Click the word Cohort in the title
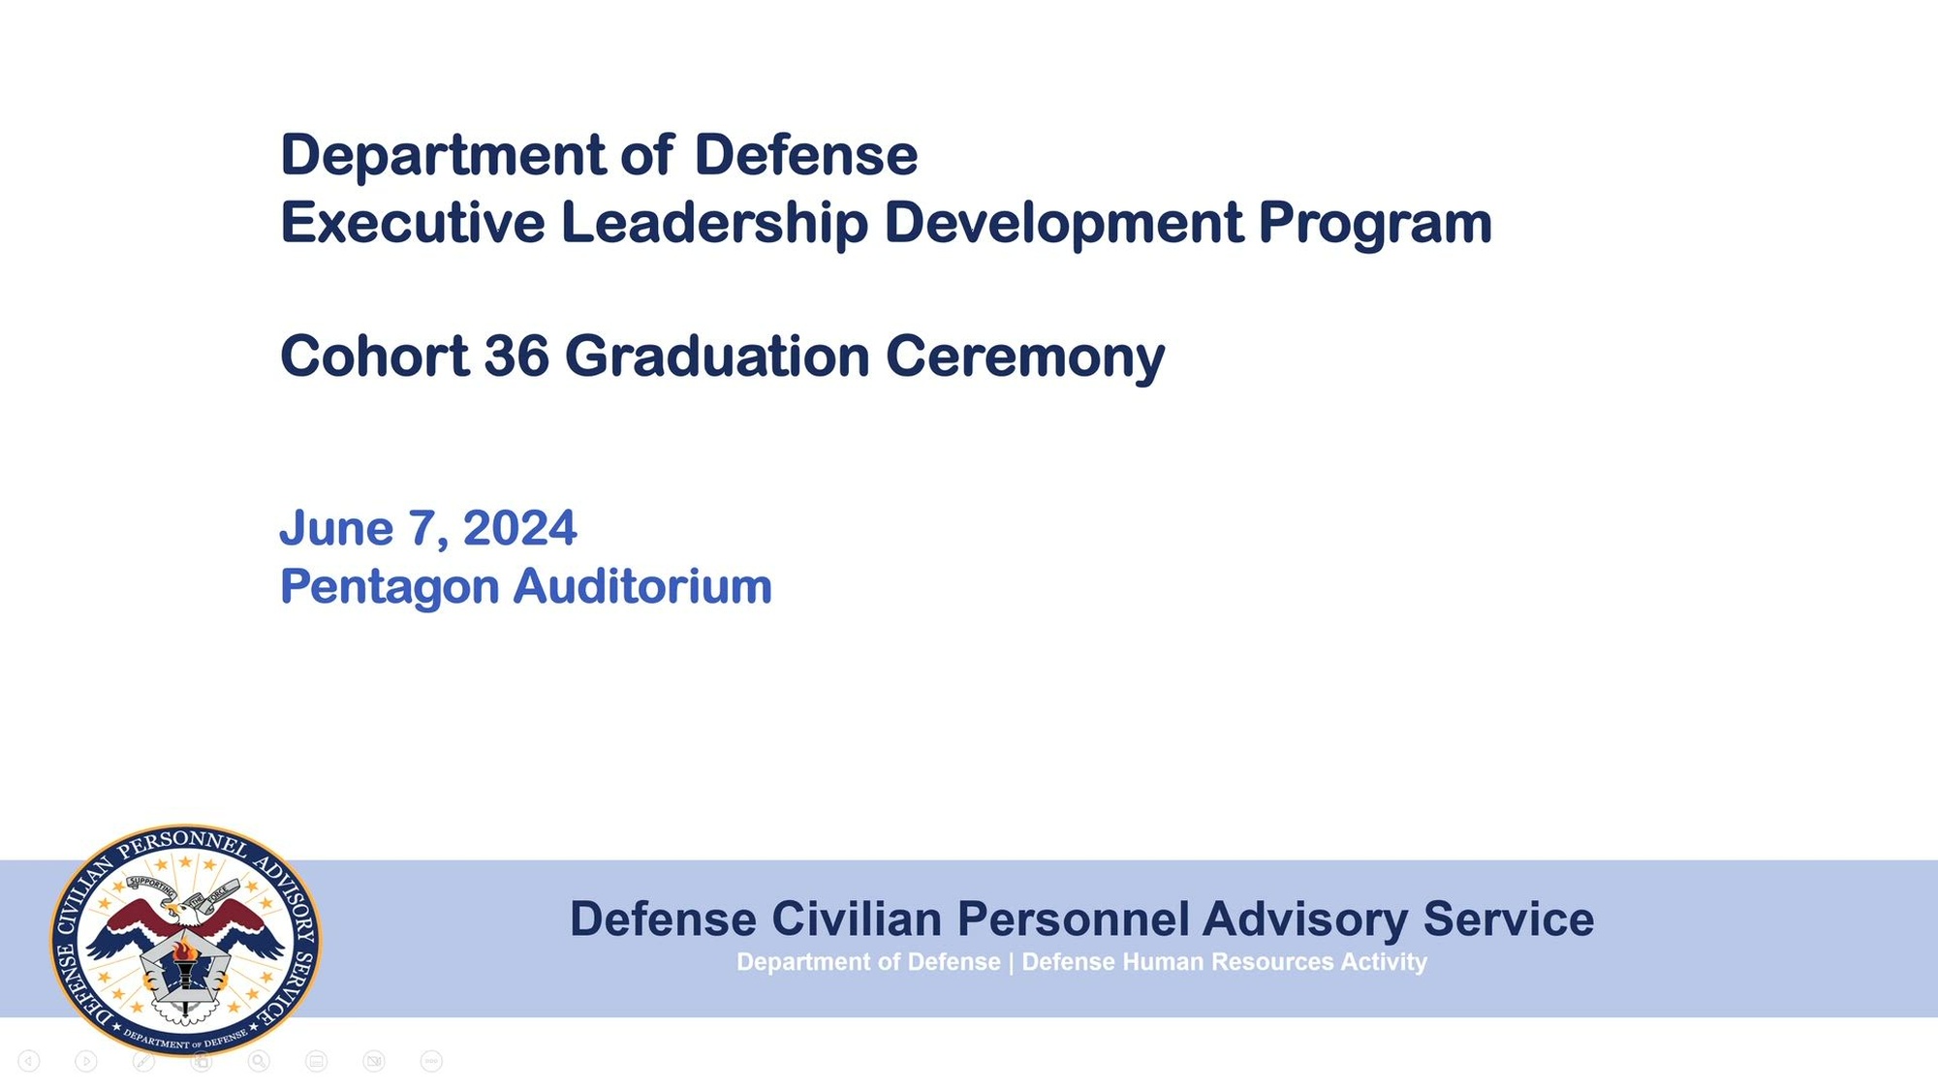375,356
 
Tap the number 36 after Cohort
516,356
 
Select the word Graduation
718,356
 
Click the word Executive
413,222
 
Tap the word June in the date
336,528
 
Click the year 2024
519,528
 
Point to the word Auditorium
642,586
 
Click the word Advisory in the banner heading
1305,920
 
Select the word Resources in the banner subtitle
1266,962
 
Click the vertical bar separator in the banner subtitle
1011,962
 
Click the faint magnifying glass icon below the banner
259,1061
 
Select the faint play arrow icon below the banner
86,1062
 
